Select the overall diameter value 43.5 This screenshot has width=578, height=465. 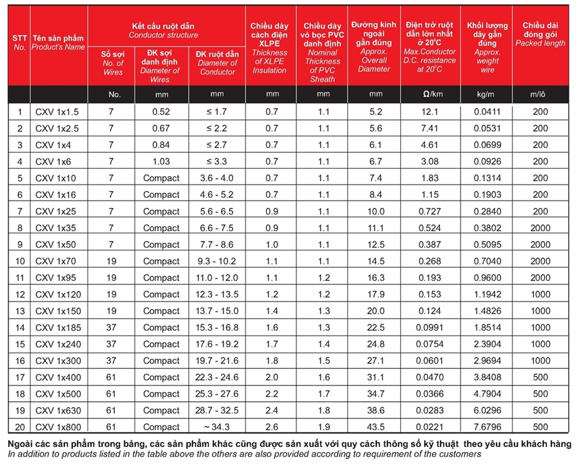pos(376,427)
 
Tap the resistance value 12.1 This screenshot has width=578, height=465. pos(429,112)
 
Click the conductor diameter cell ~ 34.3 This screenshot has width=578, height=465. pos(217,427)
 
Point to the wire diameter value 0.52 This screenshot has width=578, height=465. pos(161,112)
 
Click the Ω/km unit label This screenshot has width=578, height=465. pos(429,94)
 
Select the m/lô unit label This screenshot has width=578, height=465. pos(541,94)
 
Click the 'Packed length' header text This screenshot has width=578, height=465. pos(541,43)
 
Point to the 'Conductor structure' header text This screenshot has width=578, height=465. pos(163,35)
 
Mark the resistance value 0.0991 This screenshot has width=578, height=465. pos(429,327)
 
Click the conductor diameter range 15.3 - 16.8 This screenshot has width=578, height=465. pos(217,327)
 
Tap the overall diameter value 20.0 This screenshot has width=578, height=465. pos(376,311)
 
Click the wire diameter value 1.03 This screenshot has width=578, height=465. pos(161,161)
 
